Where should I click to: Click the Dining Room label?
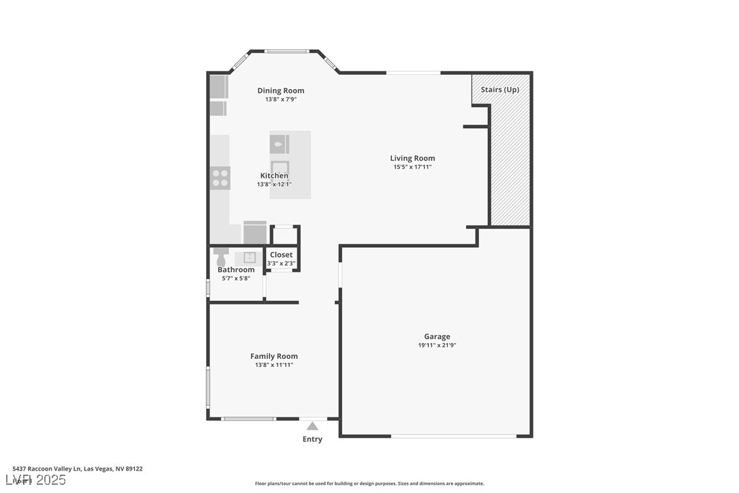[x=280, y=91]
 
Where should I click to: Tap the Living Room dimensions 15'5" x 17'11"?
[x=412, y=167]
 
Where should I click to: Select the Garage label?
[x=437, y=336]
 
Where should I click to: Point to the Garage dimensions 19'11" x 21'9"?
[x=437, y=345]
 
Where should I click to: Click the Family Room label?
[x=274, y=356]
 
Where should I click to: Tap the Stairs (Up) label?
[x=499, y=90]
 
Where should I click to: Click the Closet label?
[x=281, y=255]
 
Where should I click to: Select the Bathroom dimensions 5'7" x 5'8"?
[x=236, y=278]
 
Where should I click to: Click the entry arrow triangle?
[x=312, y=426]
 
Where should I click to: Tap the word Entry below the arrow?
[x=312, y=439]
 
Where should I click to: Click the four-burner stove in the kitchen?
[x=220, y=178]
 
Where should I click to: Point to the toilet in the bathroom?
[x=220, y=259]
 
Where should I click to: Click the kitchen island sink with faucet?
[x=279, y=144]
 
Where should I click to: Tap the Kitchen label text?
[x=274, y=176]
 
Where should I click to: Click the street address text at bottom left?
[x=78, y=468]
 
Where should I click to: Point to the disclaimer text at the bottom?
[x=369, y=483]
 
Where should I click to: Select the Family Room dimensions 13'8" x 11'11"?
[x=274, y=365]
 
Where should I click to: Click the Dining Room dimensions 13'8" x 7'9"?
[x=280, y=99]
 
